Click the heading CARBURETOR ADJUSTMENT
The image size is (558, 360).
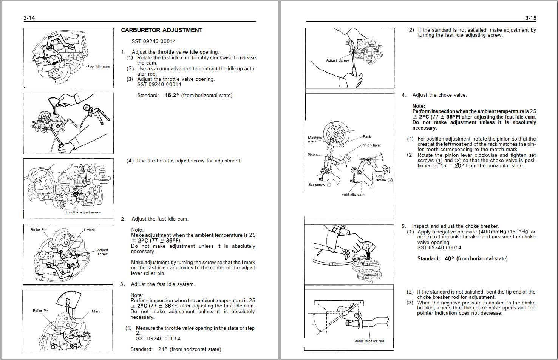tap(162, 30)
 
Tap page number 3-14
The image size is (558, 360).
tap(29, 18)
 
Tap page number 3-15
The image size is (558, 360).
tap(530, 18)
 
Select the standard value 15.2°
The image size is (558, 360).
tap(172, 96)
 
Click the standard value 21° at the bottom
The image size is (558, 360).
tap(162, 349)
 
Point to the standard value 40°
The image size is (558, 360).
tap(449, 259)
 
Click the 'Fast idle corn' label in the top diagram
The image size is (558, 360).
tap(99, 67)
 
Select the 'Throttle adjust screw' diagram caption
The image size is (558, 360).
tap(83, 212)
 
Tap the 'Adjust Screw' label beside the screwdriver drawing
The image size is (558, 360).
tap(337, 60)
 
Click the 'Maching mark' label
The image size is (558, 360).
tap(315, 139)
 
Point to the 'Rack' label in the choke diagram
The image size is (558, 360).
tap(367, 137)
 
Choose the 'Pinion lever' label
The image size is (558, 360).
tap(371, 145)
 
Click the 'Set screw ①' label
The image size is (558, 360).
tap(319, 185)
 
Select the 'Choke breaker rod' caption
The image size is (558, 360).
tap(368, 341)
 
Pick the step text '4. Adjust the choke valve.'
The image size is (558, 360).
tap(439, 95)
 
